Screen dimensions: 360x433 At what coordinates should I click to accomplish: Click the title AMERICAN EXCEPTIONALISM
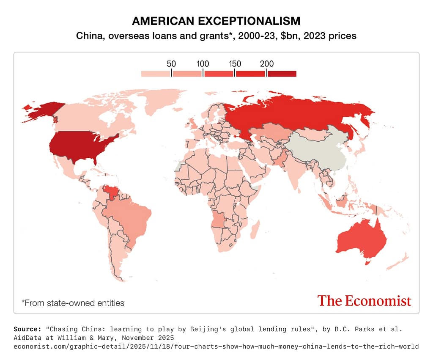pos(216,21)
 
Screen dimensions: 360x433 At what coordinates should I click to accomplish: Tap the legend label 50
pos(171,64)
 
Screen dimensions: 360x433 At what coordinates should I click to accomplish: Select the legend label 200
pos(266,64)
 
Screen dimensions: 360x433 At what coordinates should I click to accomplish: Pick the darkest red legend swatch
pos(282,74)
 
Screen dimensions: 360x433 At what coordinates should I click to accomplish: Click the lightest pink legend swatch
pos(156,74)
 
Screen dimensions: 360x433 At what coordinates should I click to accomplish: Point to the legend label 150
pos(235,64)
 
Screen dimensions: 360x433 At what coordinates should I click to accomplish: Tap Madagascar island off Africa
pos(256,231)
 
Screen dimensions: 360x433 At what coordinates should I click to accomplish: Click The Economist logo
pos(364,301)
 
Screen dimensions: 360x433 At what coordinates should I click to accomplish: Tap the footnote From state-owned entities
pos(73,303)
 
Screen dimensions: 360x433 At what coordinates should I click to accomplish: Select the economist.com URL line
pos(216,346)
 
